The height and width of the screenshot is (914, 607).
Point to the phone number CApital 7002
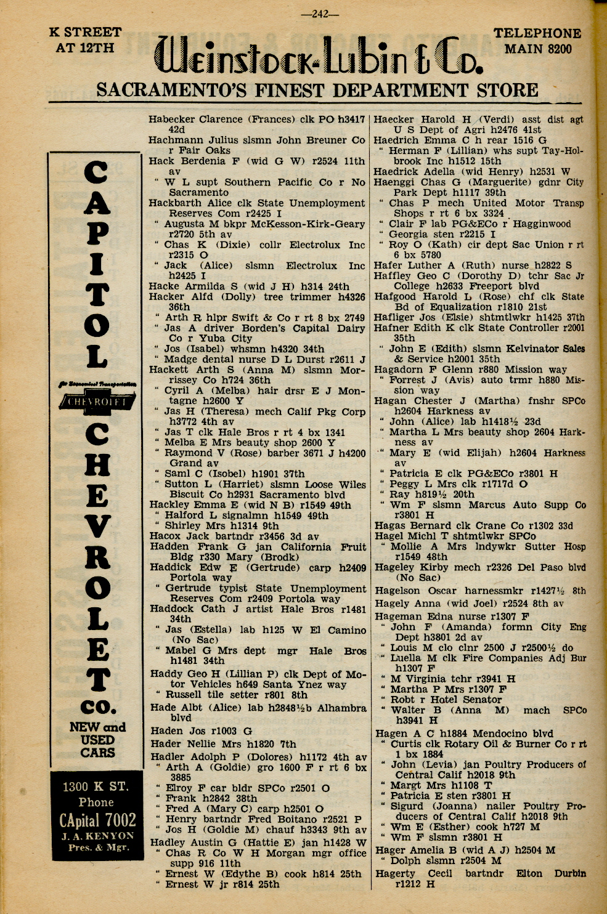point(97,820)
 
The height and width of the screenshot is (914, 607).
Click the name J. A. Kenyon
point(97,836)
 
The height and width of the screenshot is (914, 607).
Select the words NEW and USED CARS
point(97,740)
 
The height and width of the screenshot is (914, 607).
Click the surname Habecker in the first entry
point(172,119)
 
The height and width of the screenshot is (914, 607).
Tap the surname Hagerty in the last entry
point(396,873)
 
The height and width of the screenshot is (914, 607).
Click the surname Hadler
point(167,757)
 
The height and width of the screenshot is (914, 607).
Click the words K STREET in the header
point(85,32)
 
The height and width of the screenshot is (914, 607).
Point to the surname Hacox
point(165,536)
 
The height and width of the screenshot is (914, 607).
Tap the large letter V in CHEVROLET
point(97,525)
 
